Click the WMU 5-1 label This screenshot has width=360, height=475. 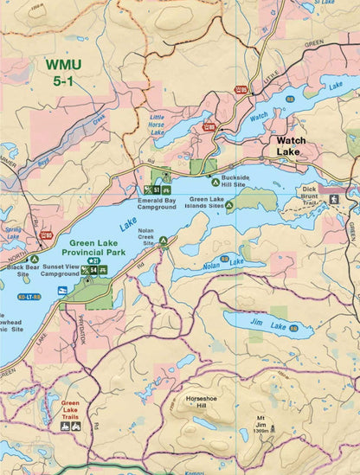(x=67, y=73)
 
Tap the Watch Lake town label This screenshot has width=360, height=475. (x=288, y=145)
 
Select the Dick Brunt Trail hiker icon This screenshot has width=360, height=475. (x=334, y=199)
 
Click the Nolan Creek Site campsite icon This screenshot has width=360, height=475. (x=163, y=241)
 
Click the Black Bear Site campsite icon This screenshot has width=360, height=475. (x=35, y=258)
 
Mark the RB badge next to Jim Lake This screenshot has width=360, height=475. (x=292, y=328)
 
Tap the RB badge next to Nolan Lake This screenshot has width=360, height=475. (x=225, y=258)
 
